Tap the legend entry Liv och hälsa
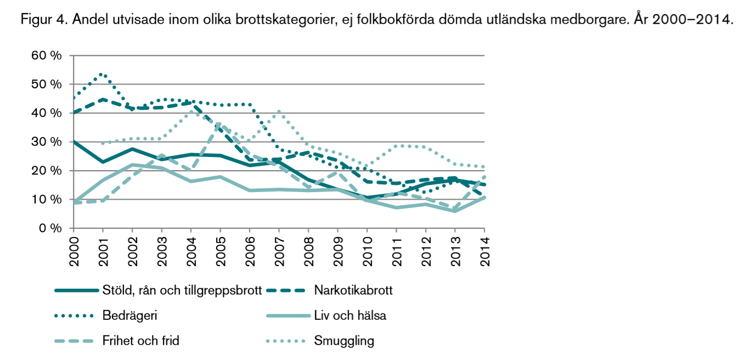(350, 316)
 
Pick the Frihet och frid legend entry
(140, 341)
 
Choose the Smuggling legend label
(344, 341)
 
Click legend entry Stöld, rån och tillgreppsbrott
(182, 290)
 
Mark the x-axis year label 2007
(279, 250)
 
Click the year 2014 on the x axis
(484, 250)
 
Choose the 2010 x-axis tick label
(367, 250)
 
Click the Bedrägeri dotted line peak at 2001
(103, 74)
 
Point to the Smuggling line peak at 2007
(279, 111)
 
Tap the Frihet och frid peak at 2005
(220, 125)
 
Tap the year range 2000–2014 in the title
(696, 20)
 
